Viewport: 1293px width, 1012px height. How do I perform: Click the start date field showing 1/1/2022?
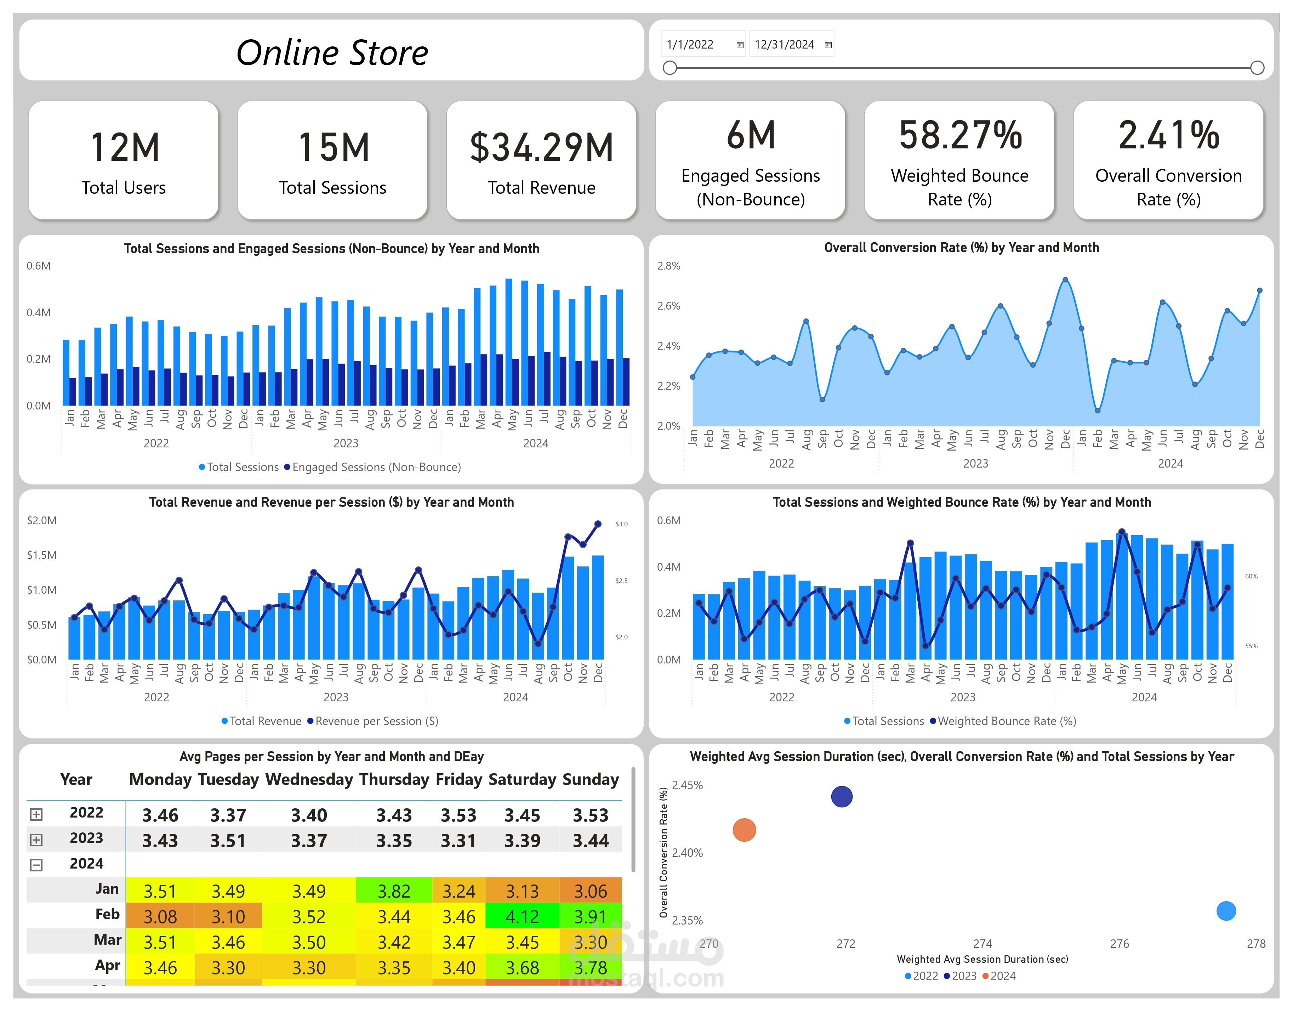(x=702, y=44)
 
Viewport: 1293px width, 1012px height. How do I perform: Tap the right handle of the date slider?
(x=1257, y=68)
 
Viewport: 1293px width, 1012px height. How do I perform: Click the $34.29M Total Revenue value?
(x=541, y=148)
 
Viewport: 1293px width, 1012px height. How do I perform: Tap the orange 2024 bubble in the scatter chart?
(x=744, y=830)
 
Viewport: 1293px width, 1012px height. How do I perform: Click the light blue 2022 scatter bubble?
(x=1225, y=911)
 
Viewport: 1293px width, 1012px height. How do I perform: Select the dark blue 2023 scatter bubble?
(x=841, y=796)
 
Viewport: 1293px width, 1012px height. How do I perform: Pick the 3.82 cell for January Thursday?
(x=394, y=891)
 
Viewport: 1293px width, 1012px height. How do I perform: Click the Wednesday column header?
(x=309, y=779)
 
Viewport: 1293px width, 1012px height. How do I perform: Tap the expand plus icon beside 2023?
(x=36, y=839)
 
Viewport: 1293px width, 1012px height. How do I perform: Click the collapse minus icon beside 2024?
(x=36, y=865)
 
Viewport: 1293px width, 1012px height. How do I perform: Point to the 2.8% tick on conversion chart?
(x=669, y=266)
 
